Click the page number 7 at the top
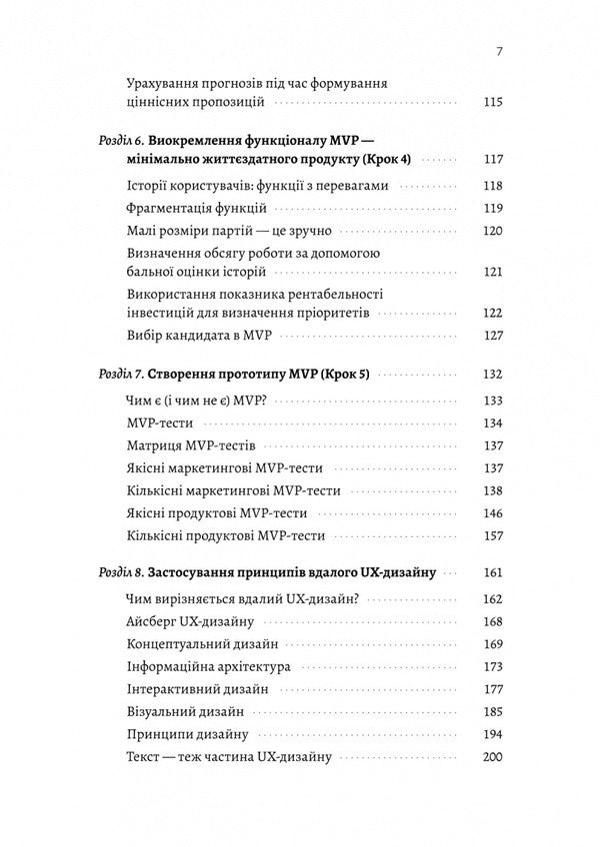point(499,52)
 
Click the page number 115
point(492,102)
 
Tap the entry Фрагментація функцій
point(197,208)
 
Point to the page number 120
point(492,231)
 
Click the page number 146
point(492,513)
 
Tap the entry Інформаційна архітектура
point(209,666)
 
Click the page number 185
point(492,712)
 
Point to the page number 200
point(492,757)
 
